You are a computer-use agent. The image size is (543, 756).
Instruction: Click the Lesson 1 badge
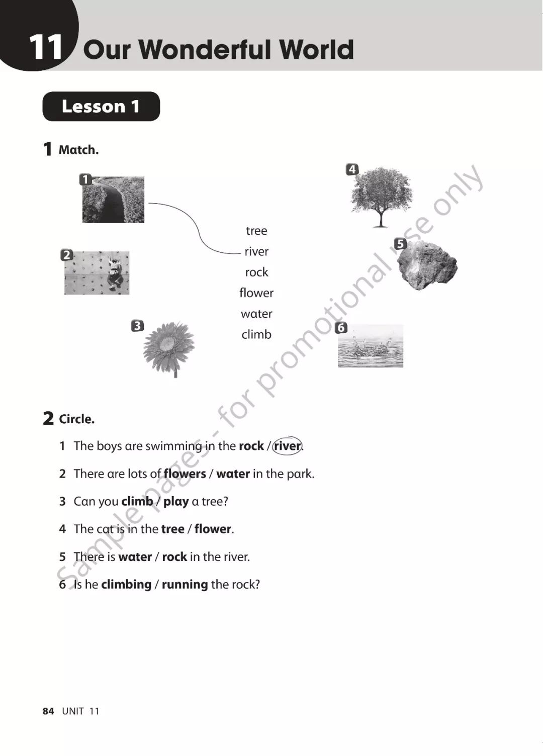(101, 107)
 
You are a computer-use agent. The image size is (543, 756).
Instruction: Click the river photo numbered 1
(113, 200)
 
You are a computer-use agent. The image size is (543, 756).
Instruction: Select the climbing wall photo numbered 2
(97, 273)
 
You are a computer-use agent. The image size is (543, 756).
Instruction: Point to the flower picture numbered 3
(169, 349)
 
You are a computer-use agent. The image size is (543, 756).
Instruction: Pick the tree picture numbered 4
(381, 197)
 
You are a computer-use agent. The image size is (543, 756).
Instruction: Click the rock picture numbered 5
(427, 265)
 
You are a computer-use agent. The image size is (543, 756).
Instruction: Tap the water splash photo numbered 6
(371, 346)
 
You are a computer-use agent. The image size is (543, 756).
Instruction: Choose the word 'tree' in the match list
(256, 231)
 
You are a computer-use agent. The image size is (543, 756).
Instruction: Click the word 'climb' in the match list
(256, 334)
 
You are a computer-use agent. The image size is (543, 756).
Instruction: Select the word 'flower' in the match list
(256, 293)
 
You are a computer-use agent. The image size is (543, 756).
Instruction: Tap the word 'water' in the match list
(256, 314)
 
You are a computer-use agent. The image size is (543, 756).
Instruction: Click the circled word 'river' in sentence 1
(287, 446)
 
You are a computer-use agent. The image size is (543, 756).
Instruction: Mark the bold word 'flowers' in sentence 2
(185, 474)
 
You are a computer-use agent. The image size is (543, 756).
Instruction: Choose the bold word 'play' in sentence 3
(176, 502)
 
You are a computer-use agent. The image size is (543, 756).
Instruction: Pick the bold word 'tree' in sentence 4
(173, 529)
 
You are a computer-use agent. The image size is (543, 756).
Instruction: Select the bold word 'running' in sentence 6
(185, 585)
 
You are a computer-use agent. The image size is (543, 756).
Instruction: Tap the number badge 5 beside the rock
(400, 243)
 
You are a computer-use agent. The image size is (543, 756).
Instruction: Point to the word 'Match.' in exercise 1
(78, 150)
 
